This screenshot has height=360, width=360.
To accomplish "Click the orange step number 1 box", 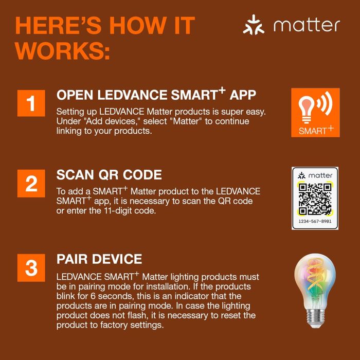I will [x=31, y=103].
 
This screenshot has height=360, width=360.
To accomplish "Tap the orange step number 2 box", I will [x=31, y=184].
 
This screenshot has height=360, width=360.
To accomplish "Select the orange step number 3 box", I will [x=31, y=267].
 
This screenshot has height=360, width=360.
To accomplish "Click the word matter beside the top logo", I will [x=307, y=25].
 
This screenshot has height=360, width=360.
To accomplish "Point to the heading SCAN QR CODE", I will [x=109, y=175].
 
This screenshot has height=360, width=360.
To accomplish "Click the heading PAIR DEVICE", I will [x=99, y=259].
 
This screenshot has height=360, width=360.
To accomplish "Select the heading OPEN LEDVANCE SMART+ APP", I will [x=156, y=95].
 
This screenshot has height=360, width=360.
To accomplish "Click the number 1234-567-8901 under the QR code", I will [x=315, y=222].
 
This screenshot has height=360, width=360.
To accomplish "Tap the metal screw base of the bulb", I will [x=315, y=317].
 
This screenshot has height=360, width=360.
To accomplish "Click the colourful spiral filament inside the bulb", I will [x=315, y=283].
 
